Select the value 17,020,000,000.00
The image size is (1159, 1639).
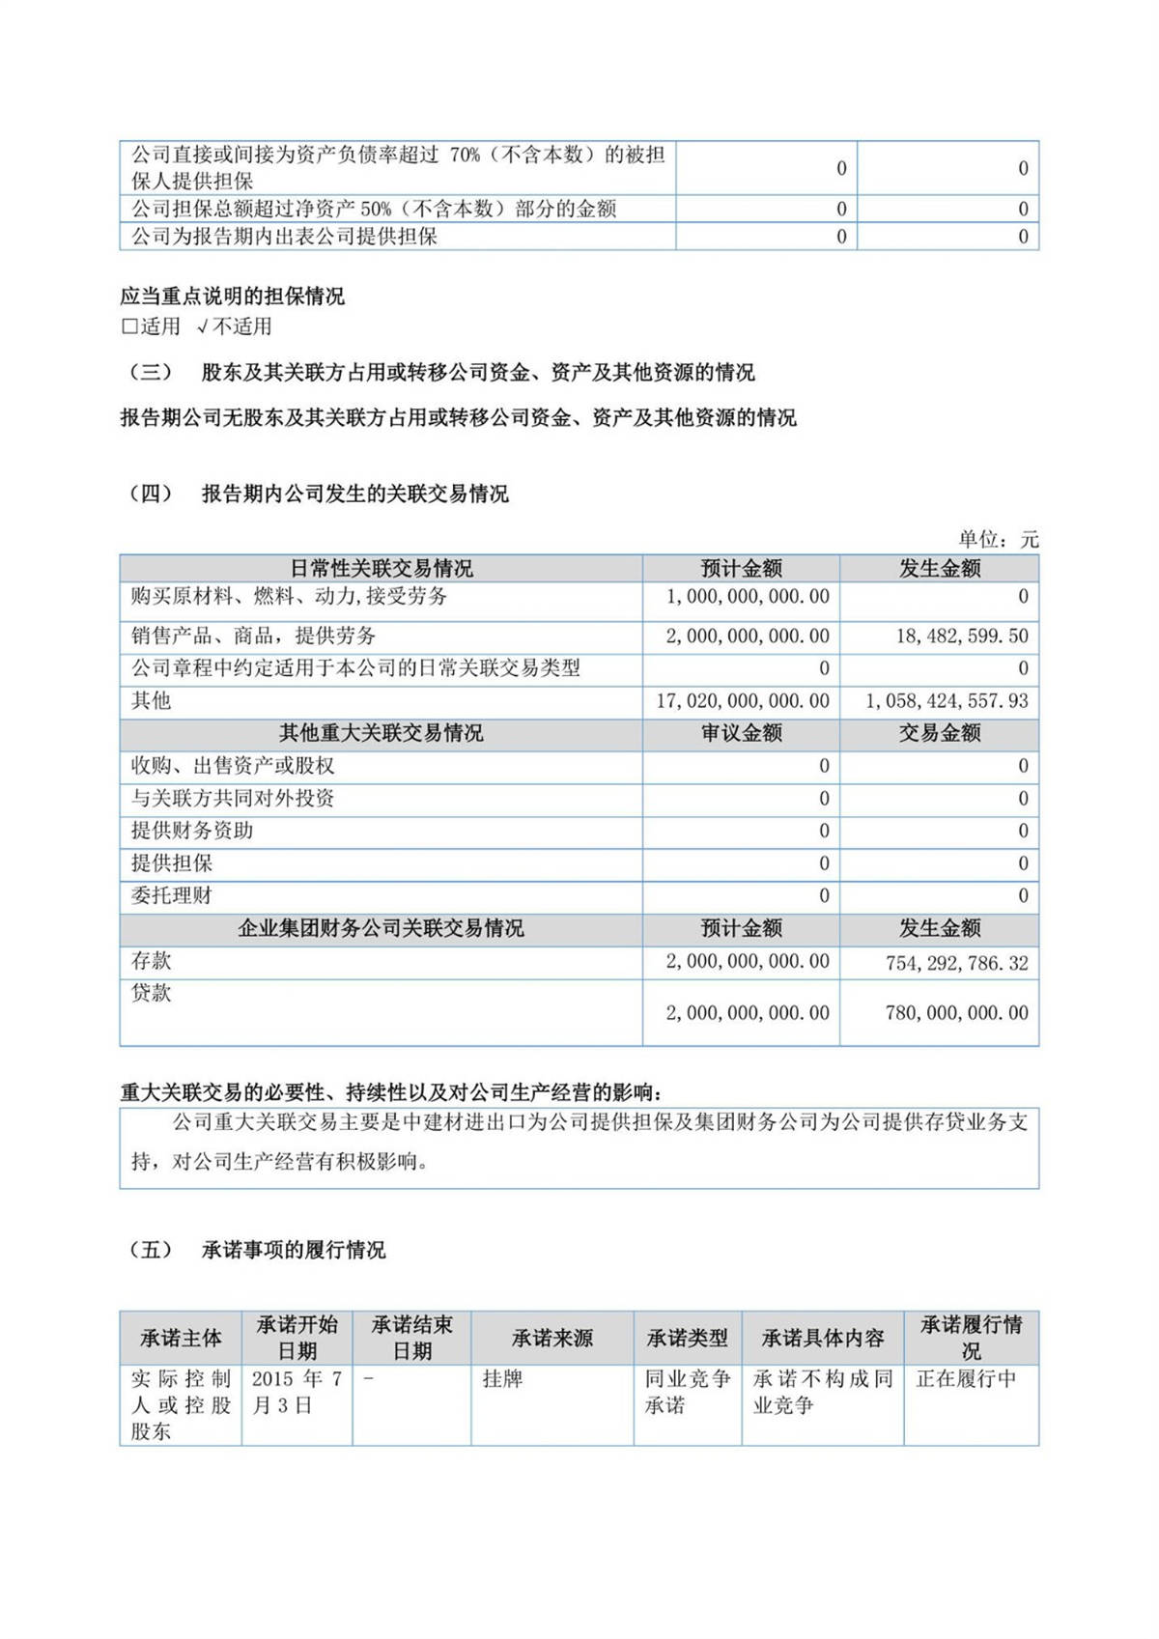742,701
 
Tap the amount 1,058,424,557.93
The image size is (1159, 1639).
947,701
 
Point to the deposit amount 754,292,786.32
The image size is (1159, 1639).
956,963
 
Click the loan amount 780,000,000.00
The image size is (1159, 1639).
956,1013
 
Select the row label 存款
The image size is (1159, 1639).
152,961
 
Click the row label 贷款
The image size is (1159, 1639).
152,993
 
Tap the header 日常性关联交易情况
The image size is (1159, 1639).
382,569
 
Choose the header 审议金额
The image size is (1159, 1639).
742,734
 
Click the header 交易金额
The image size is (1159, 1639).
940,734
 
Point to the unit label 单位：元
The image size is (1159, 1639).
998,540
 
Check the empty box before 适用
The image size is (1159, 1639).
129,326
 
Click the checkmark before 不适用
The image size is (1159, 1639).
202,326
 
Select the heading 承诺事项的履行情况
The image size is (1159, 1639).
294,1251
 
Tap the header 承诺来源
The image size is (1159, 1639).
552,1339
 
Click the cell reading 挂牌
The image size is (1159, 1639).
503,1379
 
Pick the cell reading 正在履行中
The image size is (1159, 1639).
966,1379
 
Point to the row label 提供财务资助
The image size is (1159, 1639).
192,831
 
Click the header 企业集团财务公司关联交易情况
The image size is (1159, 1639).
382,929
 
